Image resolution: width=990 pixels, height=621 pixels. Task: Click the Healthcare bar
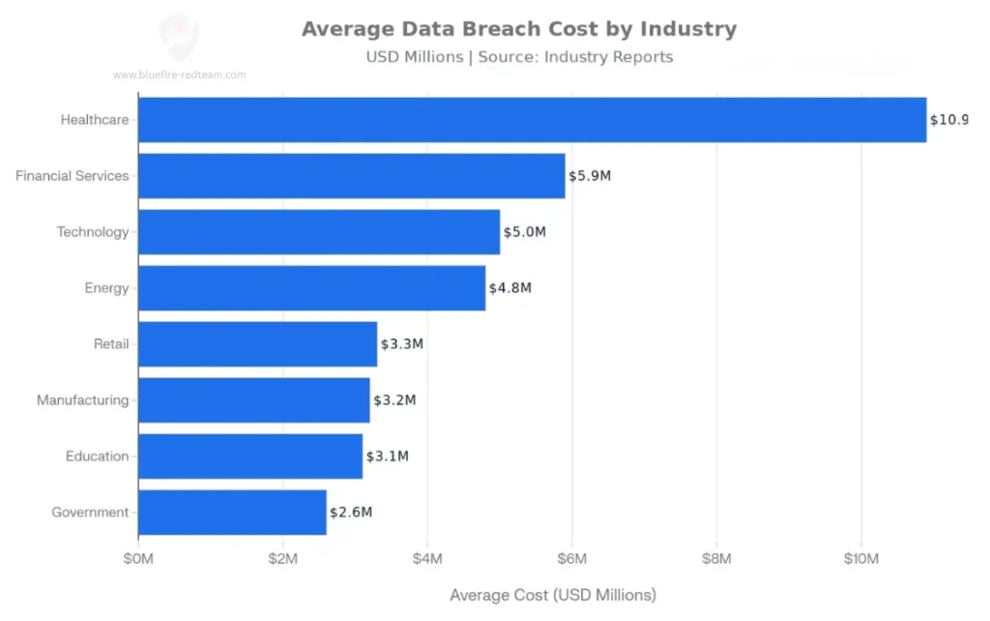532,120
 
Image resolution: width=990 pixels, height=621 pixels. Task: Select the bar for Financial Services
351,176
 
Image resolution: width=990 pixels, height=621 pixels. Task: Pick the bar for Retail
257,344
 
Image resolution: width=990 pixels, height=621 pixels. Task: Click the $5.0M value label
525,232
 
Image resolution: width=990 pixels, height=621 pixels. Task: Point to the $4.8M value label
510,288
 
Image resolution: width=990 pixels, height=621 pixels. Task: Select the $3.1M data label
388,457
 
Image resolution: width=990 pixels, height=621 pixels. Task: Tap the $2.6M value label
351,513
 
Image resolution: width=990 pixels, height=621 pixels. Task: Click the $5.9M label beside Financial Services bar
590,176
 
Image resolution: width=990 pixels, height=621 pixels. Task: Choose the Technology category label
92,232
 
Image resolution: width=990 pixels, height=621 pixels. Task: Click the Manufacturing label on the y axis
82,400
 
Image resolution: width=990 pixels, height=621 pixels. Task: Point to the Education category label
97,457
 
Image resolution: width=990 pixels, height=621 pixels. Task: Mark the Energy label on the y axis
106,288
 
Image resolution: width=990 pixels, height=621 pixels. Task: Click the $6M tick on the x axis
572,559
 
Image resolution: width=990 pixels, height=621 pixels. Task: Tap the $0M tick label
138,559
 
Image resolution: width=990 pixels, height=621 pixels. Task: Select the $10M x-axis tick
861,559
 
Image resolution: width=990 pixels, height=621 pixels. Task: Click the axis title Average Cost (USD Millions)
553,594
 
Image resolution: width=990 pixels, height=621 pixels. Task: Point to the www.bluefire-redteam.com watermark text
179,74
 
